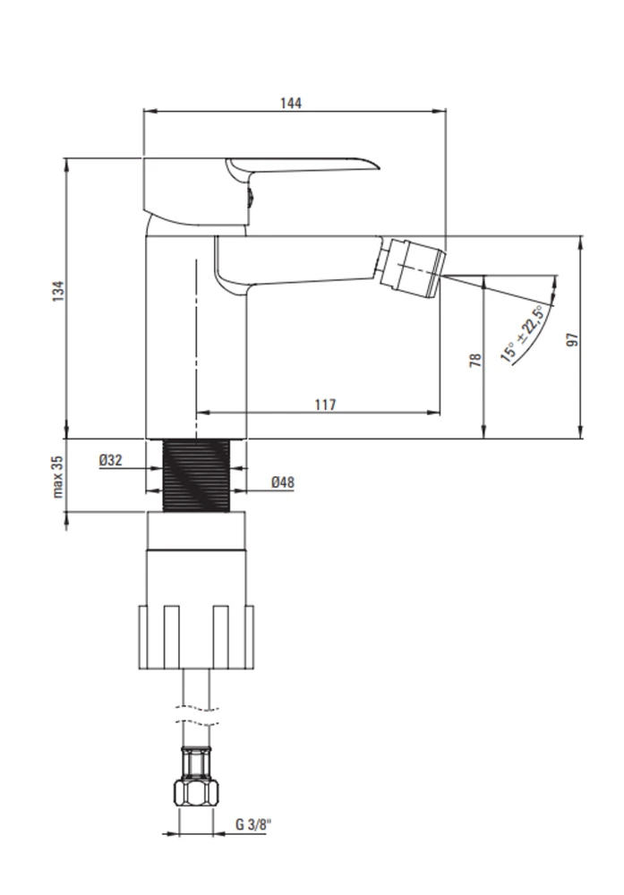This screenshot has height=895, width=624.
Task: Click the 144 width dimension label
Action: click(291, 103)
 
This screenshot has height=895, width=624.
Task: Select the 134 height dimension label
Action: click(58, 291)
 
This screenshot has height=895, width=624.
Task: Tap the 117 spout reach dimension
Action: click(325, 405)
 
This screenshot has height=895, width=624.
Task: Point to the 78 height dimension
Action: click(475, 360)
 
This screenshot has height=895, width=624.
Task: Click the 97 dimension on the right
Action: click(572, 339)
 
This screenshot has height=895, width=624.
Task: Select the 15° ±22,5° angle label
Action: click(522, 334)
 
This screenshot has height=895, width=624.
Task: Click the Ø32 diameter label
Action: click(110, 460)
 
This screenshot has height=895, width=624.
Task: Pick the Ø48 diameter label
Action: click(283, 482)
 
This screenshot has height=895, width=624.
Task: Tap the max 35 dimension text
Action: click(58, 477)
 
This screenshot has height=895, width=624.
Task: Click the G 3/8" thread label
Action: click(253, 824)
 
